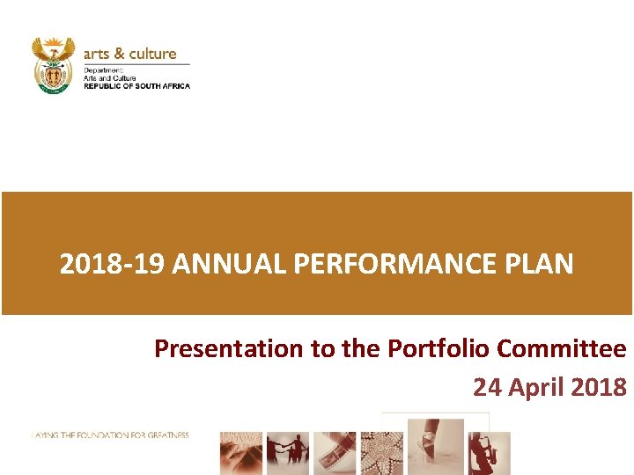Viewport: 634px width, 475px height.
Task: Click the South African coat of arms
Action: [53, 64]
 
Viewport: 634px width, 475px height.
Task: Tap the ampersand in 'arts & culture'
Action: [117, 54]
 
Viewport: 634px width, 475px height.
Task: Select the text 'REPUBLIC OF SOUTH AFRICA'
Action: [136, 85]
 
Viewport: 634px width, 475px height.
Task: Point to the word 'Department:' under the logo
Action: [103, 69]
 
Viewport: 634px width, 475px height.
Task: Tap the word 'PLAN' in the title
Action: [543, 264]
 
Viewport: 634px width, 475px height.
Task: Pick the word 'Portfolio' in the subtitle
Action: [439, 349]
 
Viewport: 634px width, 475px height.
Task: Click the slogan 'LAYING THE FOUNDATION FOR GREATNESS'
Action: [110, 435]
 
